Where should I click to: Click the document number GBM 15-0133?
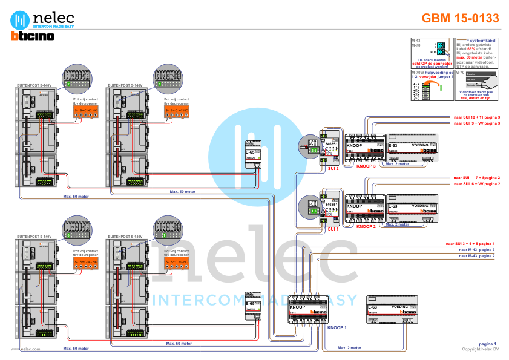click(x=460, y=18)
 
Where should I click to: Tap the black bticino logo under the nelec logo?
click(x=33, y=36)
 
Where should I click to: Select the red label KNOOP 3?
click(x=366, y=165)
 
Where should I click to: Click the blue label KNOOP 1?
click(x=337, y=327)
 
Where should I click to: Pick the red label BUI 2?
click(x=332, y=169)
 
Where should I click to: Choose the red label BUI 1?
click(x=332, y=230)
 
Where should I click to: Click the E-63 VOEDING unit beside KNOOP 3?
click(x=412, y=149)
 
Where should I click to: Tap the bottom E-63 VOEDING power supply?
click(x=393, y=310)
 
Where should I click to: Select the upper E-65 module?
click(x=253, y=151)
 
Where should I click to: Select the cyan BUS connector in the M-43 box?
click(x=441, y=48)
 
